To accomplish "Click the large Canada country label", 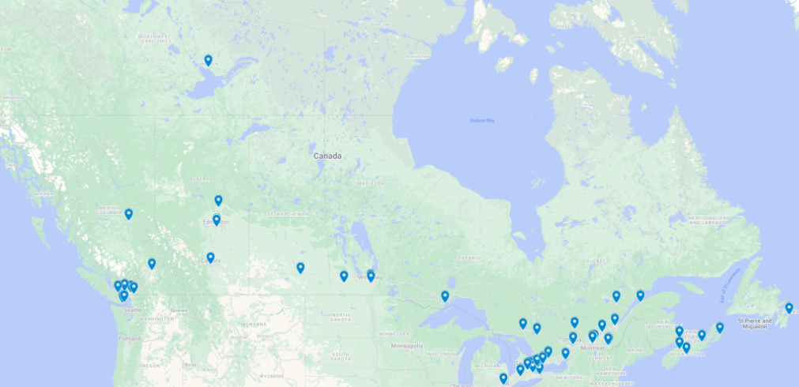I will click(327, 156).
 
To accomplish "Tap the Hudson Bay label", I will click(481, 120).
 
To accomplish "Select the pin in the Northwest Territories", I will click(208, 61).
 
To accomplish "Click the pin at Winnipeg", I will click(371, 276).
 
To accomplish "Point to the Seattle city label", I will click(133, 310).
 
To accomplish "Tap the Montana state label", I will click(254, 325).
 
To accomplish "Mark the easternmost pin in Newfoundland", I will click(789, 308).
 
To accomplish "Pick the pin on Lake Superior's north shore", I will click(445, 296).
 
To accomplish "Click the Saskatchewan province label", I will click(288, 214).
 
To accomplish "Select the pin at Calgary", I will click(210, 257).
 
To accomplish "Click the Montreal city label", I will click(592, 348).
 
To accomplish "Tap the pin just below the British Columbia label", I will click(128, 214).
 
